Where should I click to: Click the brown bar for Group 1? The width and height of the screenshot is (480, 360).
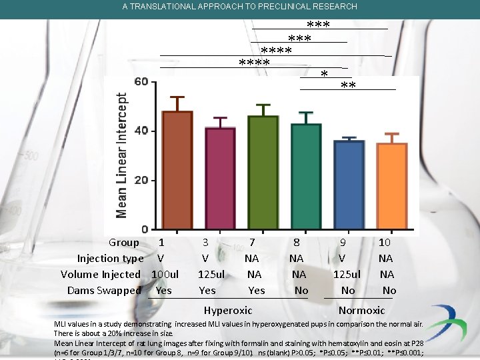(177, 171)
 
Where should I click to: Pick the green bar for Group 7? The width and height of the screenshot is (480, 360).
(263, 173)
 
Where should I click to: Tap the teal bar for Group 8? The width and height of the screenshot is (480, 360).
(305, 177)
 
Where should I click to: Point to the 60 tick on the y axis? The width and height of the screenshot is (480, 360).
(141, 82)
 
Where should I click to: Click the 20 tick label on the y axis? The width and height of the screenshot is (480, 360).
(141, 181)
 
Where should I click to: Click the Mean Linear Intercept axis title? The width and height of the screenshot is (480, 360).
(122, 155)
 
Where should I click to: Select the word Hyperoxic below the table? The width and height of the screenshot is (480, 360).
(228, 310)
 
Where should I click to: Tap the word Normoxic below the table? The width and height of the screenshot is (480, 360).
(361, 310)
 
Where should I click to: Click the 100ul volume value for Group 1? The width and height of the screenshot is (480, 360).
(165, 274)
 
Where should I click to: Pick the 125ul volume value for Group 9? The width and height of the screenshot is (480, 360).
(347, 274)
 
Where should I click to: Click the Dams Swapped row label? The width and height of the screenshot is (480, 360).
(104, 290)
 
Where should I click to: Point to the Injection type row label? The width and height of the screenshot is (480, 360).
(110, 258)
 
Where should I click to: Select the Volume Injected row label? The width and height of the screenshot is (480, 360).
(101, 274)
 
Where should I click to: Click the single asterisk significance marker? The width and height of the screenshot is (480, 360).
(324, 74)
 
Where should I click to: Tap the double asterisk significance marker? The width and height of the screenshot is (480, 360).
(348, 86)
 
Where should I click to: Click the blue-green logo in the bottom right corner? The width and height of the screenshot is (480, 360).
(447, 322)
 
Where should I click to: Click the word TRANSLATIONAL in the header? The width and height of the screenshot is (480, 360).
(163, 7)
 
